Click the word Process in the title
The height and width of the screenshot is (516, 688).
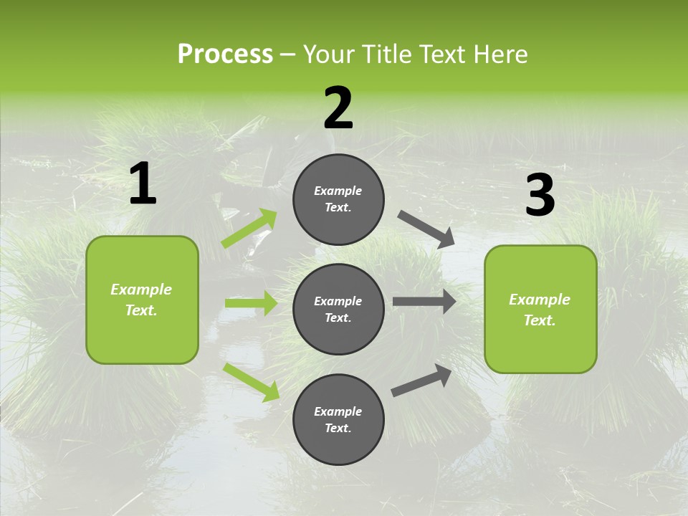point(225,54)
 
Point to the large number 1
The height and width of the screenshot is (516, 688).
point(143,184)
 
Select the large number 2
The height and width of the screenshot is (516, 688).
point(338,108)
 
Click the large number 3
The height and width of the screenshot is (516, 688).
point(540,196)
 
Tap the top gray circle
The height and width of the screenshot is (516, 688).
point(338,199)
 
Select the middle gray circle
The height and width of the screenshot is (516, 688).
point(338,309)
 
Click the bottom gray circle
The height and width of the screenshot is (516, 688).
point(338,419)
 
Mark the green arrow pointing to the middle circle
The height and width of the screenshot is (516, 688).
point(251,303)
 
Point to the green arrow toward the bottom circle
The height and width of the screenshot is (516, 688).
point(252,382)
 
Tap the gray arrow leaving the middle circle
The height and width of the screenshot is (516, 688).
point(424,302)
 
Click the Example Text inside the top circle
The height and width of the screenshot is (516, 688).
point(338,199)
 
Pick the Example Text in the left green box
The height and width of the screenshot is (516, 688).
point(141,300)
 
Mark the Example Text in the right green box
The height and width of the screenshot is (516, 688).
point(540,310)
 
